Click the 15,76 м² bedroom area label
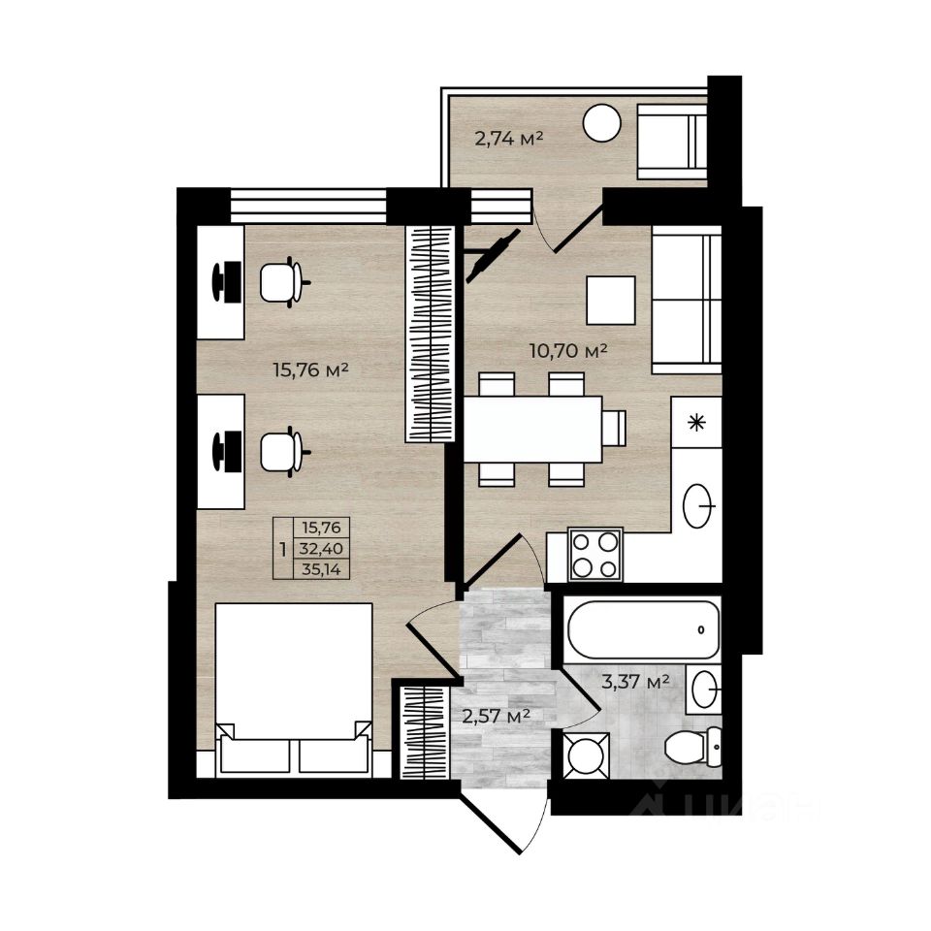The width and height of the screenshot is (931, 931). point(310,370)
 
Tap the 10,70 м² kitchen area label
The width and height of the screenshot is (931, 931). point(567,351)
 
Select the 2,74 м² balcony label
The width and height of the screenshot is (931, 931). point(509,139)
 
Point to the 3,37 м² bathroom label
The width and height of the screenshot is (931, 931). point(635,681)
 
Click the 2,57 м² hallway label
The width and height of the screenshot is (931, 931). point(496,717)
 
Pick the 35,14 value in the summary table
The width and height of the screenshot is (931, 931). point(321,569)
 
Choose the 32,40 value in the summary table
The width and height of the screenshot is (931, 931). point(321,548)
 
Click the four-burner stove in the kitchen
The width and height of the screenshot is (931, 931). point(594,555)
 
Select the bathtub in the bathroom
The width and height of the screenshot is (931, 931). point(644,629)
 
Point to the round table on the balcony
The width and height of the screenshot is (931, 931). point(602,123)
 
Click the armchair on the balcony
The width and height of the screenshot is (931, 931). point(671,142)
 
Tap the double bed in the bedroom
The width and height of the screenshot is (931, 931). point(294,689)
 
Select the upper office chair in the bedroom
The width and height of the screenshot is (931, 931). point(282,282)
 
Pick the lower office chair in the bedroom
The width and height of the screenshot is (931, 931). point(282,452)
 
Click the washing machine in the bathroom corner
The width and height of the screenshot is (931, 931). point(586,755)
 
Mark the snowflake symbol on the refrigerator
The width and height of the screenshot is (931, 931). point(696,423)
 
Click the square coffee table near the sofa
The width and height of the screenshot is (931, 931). point(611,301)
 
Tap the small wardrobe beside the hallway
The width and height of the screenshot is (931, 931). point(424,732)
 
